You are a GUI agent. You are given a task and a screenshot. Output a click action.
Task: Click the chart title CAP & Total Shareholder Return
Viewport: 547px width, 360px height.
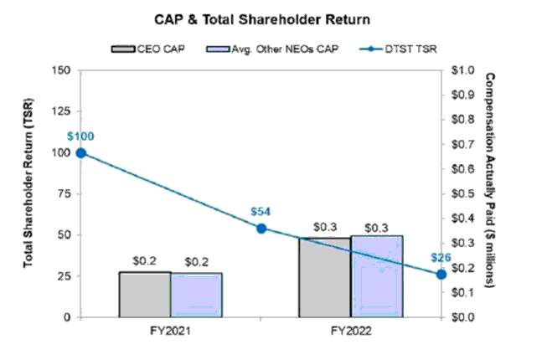point(273,17)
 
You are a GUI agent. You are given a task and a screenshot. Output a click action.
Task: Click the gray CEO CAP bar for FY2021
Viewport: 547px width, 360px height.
point(145,294)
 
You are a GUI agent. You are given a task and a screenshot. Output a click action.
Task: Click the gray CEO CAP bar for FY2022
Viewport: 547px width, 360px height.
point(325,277)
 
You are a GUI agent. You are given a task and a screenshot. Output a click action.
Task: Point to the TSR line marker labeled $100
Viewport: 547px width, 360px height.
point(80,153)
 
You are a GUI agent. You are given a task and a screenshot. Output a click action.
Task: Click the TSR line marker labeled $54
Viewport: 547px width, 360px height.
point(261,228)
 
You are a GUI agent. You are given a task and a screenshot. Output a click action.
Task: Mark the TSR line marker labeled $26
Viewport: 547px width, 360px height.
point(441,275)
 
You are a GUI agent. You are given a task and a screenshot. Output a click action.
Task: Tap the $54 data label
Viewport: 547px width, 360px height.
point(261,212)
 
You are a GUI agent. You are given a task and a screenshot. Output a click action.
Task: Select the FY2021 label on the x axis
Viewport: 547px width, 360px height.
point(171,332)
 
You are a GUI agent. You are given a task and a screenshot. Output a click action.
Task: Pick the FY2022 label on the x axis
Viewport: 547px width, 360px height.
point(351,332)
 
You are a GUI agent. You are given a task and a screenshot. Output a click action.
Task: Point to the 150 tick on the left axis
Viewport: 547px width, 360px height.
point(60,71)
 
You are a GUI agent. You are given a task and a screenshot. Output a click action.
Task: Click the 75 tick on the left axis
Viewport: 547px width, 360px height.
point(64,194)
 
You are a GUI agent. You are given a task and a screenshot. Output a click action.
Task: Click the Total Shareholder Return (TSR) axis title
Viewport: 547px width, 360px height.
point(28,194)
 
